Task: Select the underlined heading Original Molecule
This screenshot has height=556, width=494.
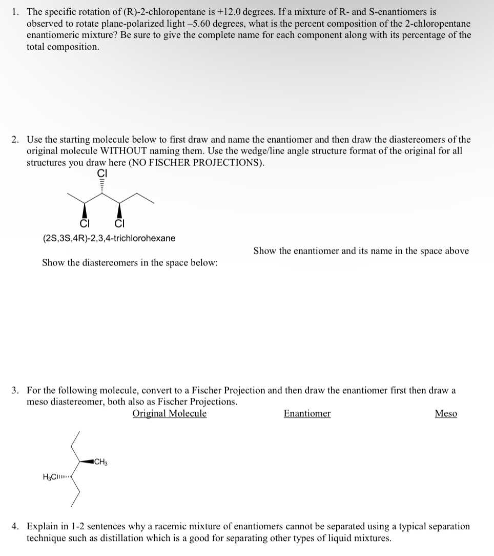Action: [169, 414]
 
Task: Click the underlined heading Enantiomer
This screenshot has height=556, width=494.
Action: [307, 414]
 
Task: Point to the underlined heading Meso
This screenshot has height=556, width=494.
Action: [446, 414]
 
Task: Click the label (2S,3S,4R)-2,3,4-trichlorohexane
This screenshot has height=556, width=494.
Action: [109, 238]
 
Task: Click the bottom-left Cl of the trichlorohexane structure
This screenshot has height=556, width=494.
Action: [83, 223]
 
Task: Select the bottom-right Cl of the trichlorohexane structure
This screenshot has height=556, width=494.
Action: [119, 223]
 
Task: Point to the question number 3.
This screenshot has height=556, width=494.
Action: [15, 390]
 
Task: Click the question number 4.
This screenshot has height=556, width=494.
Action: [15, 527]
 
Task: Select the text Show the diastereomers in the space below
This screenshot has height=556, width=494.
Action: [130, 262]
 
